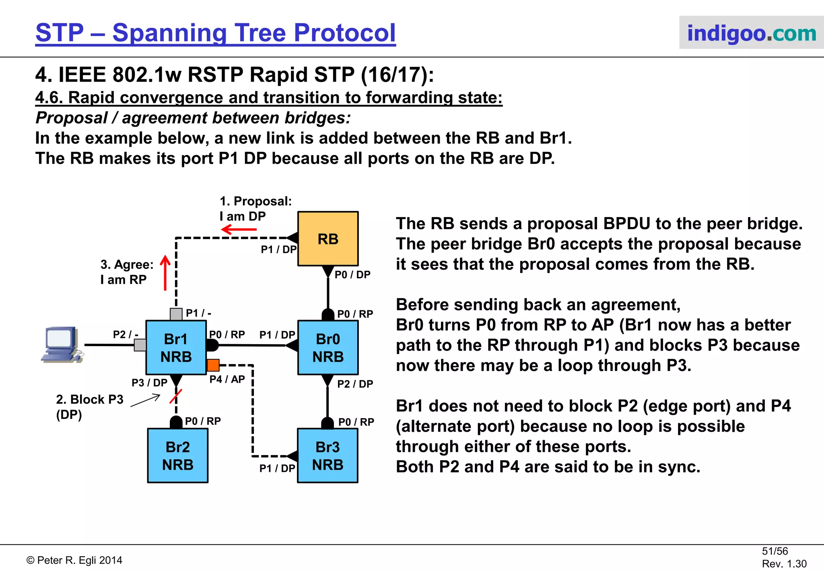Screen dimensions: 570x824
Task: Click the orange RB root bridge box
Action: (328, 238)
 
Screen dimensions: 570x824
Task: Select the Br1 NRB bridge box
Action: (176, 348)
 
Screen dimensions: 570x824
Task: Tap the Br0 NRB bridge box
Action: (328, 348)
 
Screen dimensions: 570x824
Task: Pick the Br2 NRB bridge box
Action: (177, 455)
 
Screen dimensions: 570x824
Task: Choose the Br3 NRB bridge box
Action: (328, 455)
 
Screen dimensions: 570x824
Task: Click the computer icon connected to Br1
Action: (62, 345)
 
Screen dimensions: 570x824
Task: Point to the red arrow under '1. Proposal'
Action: (239, 230)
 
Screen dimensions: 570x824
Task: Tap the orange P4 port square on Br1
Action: (213, 365)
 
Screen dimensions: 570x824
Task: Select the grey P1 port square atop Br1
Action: (176, 314)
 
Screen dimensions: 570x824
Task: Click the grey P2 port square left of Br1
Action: (140, 345)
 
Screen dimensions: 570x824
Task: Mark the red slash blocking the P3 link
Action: (176, 396)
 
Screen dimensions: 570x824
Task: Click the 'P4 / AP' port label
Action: (227, 379)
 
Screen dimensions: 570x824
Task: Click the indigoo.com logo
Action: (751, 33)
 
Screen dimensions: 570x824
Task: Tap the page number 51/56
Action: (775, 551)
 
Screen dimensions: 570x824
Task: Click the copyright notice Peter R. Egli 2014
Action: (74, 560)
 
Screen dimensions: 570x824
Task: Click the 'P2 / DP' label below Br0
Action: (355, 384)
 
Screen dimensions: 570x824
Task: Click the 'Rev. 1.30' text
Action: (784, 564)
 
